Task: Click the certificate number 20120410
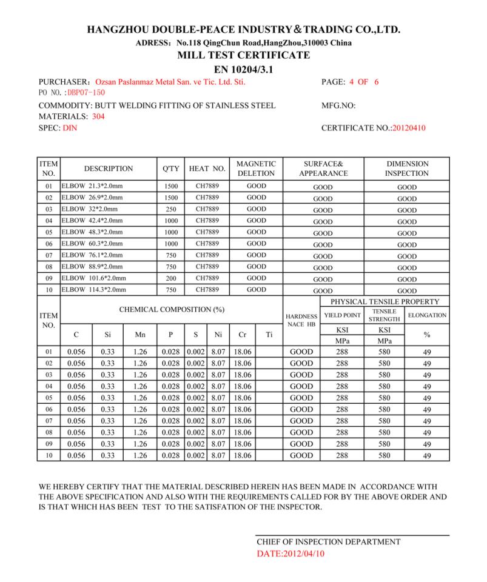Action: pos(409,129)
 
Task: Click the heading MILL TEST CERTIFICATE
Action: pos(243,55)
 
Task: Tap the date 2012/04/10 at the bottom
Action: pos(291,554)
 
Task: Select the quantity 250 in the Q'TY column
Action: pos(171,209)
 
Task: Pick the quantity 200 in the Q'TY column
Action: pos(171,278)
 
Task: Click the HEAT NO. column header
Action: pos(207,169)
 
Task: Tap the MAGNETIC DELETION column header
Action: pos(256,169)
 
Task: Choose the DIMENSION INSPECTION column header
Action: pos(407,169)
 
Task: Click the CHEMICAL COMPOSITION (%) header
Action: pos(172,309)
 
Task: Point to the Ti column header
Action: pos(268,334)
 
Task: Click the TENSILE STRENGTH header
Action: pos(384,315)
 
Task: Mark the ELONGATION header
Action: pos(427,315)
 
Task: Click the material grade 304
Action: pos(98,117)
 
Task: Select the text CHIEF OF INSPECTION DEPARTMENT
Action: pos(328,542)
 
